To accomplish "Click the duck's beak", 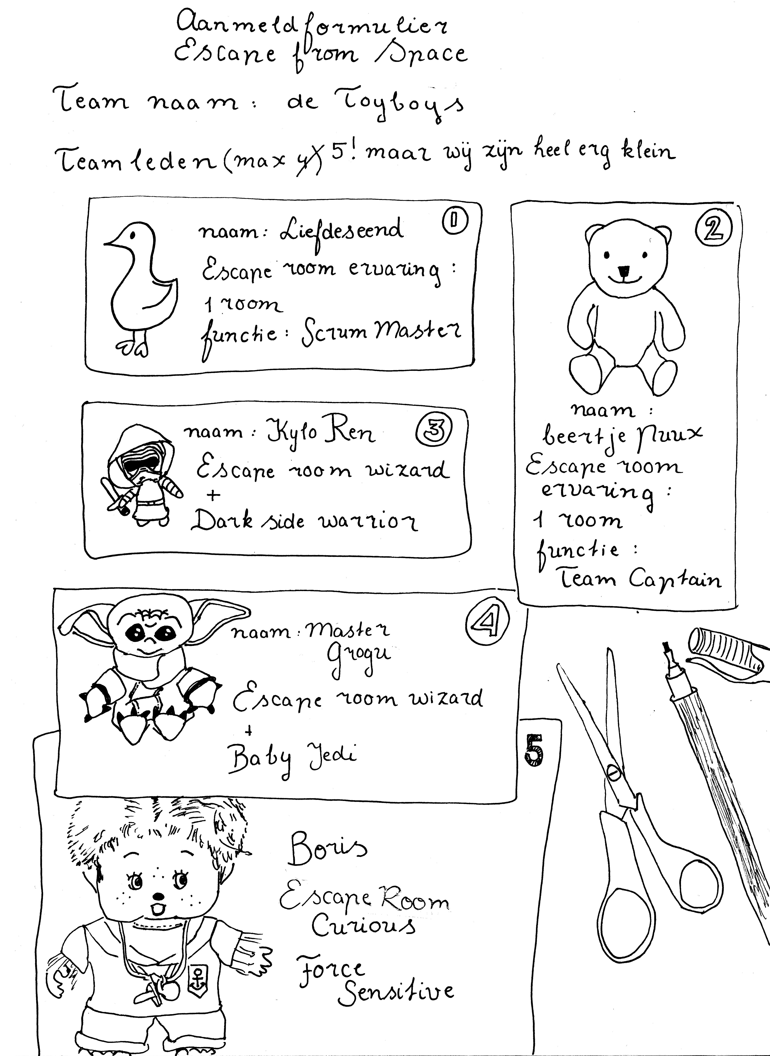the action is pyautogui.click(x=111, y=242).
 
